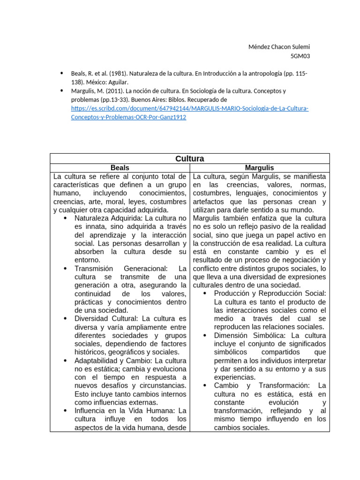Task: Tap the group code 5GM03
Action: [x=300, y=56]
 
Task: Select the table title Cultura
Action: [x=189, y=158]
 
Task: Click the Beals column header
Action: [x=120, y=167]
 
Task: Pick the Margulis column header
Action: [x=259, y=167]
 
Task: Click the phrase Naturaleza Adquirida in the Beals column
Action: [x=108, y=218]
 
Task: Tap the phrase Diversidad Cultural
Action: [x=106, y=319]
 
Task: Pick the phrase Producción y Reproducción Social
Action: [x=270, y=293]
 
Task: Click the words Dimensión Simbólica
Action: [x=250, y=336]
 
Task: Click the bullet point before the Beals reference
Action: [x=61, y=74]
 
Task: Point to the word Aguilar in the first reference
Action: [x=118, y=82]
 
